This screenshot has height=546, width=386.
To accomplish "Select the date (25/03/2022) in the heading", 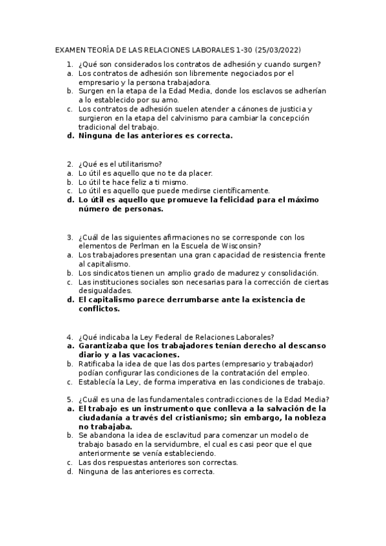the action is coord(278,50).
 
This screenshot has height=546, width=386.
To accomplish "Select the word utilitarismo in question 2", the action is coord(136,164).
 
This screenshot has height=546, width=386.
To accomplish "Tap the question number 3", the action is coord(70,236).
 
